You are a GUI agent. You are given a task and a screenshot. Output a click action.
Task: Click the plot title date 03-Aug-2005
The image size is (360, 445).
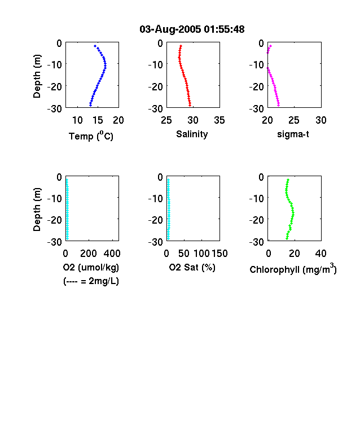[170, 29]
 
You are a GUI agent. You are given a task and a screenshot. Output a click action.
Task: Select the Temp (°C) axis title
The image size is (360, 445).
[91, 136]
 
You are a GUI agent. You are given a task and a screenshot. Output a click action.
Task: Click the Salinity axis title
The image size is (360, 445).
[192, 134]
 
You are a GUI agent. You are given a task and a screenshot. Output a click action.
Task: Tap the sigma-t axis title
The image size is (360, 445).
[293, 134]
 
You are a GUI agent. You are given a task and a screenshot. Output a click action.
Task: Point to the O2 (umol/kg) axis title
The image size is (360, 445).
[91, 267]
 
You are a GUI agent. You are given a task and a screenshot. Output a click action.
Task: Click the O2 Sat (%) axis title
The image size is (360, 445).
[192, 267]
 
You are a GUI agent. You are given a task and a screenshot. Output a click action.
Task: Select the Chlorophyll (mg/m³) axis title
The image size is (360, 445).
[293, 268]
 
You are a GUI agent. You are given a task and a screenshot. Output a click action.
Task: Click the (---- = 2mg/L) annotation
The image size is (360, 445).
[91, 281]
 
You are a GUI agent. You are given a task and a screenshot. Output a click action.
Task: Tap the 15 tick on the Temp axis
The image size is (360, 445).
[98, 120]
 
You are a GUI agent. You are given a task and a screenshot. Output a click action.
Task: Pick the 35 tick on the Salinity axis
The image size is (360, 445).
[219, 120]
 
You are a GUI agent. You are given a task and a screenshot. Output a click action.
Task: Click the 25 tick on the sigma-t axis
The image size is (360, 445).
[294, 120]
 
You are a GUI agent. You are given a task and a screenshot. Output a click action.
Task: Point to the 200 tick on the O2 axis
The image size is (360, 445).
[89, 254]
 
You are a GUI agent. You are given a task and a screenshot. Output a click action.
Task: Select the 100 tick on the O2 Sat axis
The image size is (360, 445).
[201, 254]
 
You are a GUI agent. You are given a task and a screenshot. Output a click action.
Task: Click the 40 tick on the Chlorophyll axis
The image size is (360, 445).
[321, 254]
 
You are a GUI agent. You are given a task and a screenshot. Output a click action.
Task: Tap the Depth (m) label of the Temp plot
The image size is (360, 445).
[37, 76]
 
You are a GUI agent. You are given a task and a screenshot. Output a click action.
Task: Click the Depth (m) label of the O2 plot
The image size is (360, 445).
[37, 210]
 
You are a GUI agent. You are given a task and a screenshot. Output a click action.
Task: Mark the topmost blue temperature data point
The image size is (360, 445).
[95, 46]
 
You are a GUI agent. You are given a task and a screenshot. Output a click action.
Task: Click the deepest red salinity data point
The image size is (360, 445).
[190, 105]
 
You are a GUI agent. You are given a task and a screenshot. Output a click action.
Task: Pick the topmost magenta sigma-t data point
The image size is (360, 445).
[270, 46]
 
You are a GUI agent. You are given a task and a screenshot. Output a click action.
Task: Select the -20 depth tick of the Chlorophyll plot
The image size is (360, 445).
[257, 220]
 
